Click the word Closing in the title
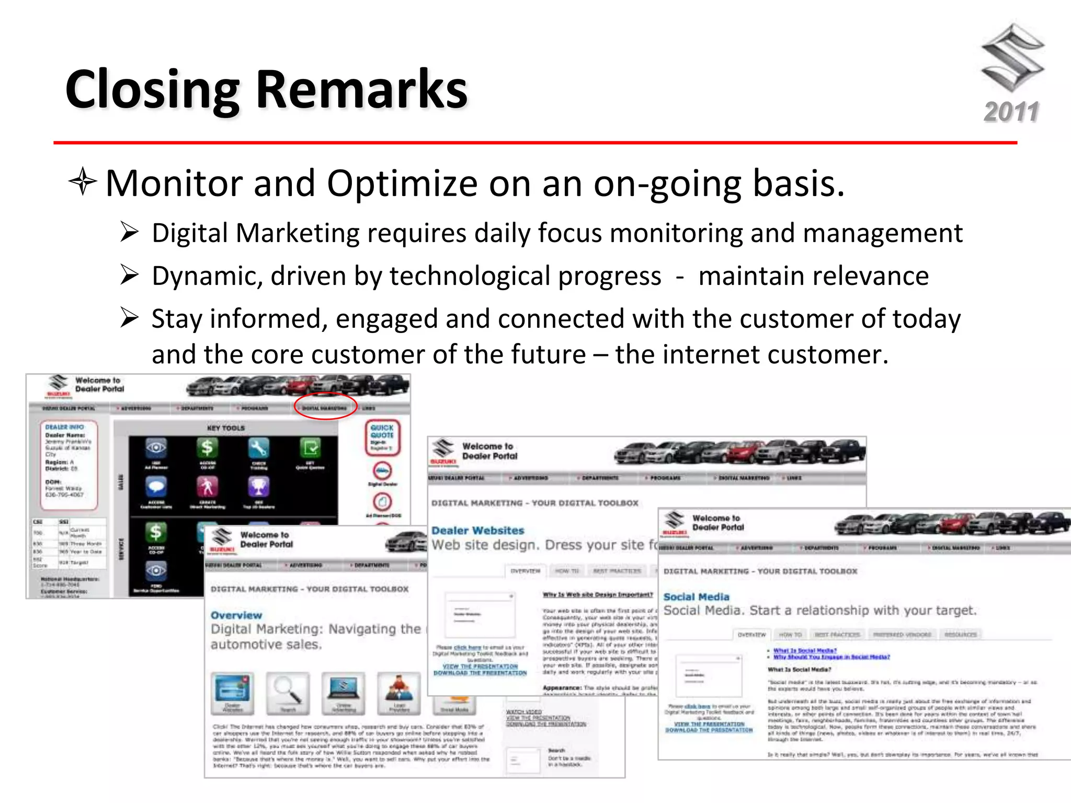coord(152,90)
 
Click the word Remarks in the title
coord(361,90)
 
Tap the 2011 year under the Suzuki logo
coord(1011,112)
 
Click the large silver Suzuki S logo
coord(1012,58)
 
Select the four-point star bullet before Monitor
coord(83,182)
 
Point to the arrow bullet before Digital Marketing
coord(129,232)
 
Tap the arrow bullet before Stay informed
coord(129,318)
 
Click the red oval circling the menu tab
coord(325,406)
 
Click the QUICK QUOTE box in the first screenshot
coord(382,437)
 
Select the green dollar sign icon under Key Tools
coord(208,448)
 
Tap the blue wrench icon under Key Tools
coord(258,448)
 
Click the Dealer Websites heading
coord(477,530)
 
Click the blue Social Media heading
coord(696,596)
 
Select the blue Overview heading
coord(236,615)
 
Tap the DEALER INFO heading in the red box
coord(64,427)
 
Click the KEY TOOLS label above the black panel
coord(225,428)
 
